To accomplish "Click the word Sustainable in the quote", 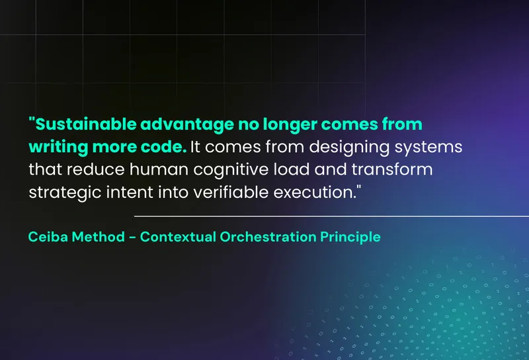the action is [x=86, y=124].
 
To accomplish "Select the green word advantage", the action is [x=187, y=125].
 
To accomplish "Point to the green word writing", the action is [x=58, y=148].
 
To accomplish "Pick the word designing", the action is [x=349, y=148].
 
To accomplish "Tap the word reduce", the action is [x=95, y=169].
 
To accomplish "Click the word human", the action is [x=159, y=169].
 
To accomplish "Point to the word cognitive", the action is [x=231, y=170].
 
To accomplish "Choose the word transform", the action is [x=392, y=169].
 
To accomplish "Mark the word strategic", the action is [x=65, y=193].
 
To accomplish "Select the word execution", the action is [x=315, y=192].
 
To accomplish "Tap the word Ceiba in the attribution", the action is [x=48, y=237].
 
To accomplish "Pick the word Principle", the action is [x=350, y=238].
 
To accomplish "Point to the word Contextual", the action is [x=178, y=237].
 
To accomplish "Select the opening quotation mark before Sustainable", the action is [x=32, y=120].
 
